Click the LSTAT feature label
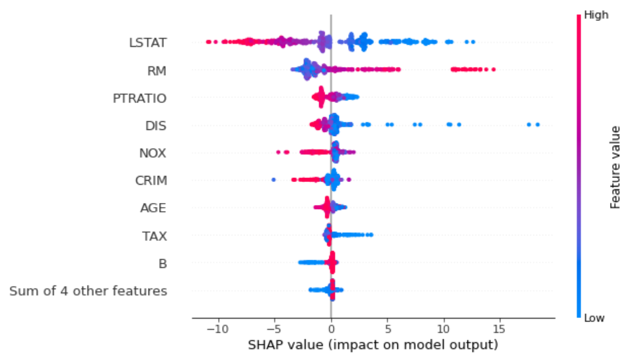[x=148, y=43]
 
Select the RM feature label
[x=157, y=70]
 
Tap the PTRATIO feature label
[x=139, y=98]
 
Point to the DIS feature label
[x=156, y=126]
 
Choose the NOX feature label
[x=152, y=154]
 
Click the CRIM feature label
[x=151, y=181]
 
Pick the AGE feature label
[x=153, y=208]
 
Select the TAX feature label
[x=154, y=236]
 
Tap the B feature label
[x=162, y=264]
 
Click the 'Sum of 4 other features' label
[x=88, y=292]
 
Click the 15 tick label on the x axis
[x=499, y=329]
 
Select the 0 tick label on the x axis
[x=331, y=329]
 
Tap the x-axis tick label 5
[x=387, y=329]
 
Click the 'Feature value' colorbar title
[x=615, y=166]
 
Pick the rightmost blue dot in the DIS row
[x=538, y=125]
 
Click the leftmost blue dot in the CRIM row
[x=274, y=180]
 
